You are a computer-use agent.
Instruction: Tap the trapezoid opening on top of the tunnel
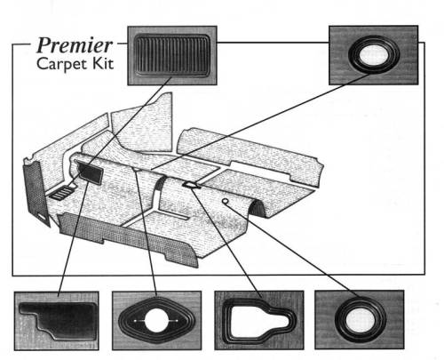coord(191,184)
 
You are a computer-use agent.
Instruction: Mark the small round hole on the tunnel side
coord(226,204)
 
